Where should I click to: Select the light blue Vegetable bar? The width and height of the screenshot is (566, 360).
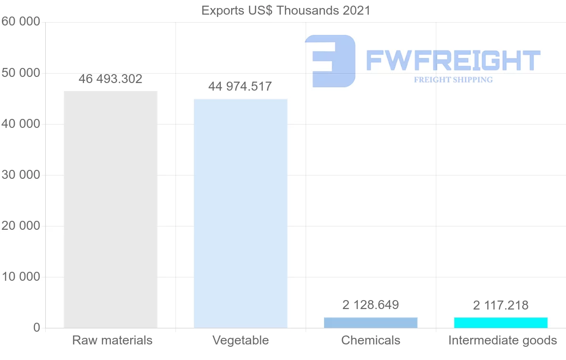pos(241,213)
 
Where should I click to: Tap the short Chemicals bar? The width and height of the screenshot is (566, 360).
pos(371,323)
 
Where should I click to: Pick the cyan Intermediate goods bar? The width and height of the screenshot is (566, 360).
pos(501,323)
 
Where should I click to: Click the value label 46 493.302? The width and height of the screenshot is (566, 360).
pos(110,79)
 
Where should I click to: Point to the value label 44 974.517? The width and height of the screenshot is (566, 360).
pos(240,87)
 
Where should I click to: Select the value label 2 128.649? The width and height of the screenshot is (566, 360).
pos(371,305)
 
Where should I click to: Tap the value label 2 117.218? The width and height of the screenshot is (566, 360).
pos(501,305)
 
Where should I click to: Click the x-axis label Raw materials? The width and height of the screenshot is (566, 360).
pos(112,340)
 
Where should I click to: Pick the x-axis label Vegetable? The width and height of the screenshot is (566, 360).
pos(241,340)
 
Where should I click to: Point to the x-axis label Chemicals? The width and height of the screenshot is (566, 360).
pos(371,340)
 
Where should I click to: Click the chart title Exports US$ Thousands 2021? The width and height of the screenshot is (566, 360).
pos(286,10)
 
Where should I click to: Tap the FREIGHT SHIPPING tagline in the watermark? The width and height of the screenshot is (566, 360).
pos(453,80)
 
